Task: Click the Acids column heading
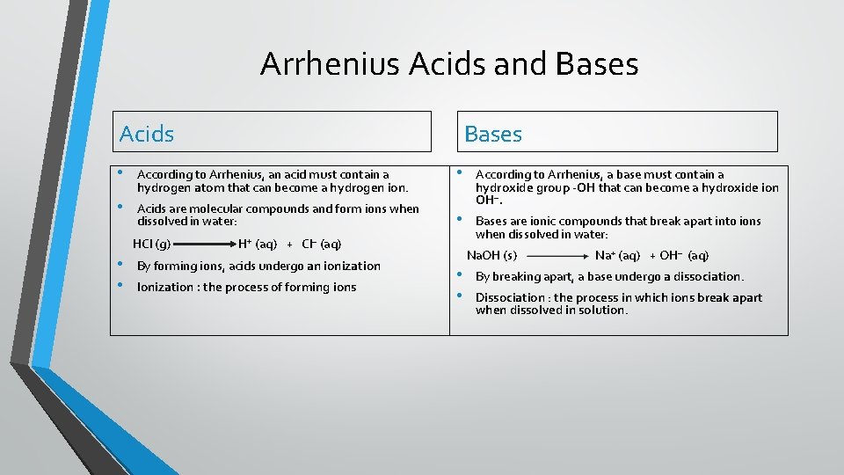point(147,134)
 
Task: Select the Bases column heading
point(492,134)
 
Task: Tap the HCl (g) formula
point(151,244)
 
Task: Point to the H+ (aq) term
point(258,244)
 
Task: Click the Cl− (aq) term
point(321,244)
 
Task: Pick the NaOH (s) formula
point(491,255)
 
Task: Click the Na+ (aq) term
point(617,255)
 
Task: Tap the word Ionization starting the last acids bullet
point(167,287)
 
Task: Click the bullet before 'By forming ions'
point(120,264)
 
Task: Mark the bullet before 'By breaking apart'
point(459,274)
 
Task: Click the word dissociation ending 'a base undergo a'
point(709,276)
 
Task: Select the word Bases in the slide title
point(598,64)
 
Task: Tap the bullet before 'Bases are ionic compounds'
point(459,219)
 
